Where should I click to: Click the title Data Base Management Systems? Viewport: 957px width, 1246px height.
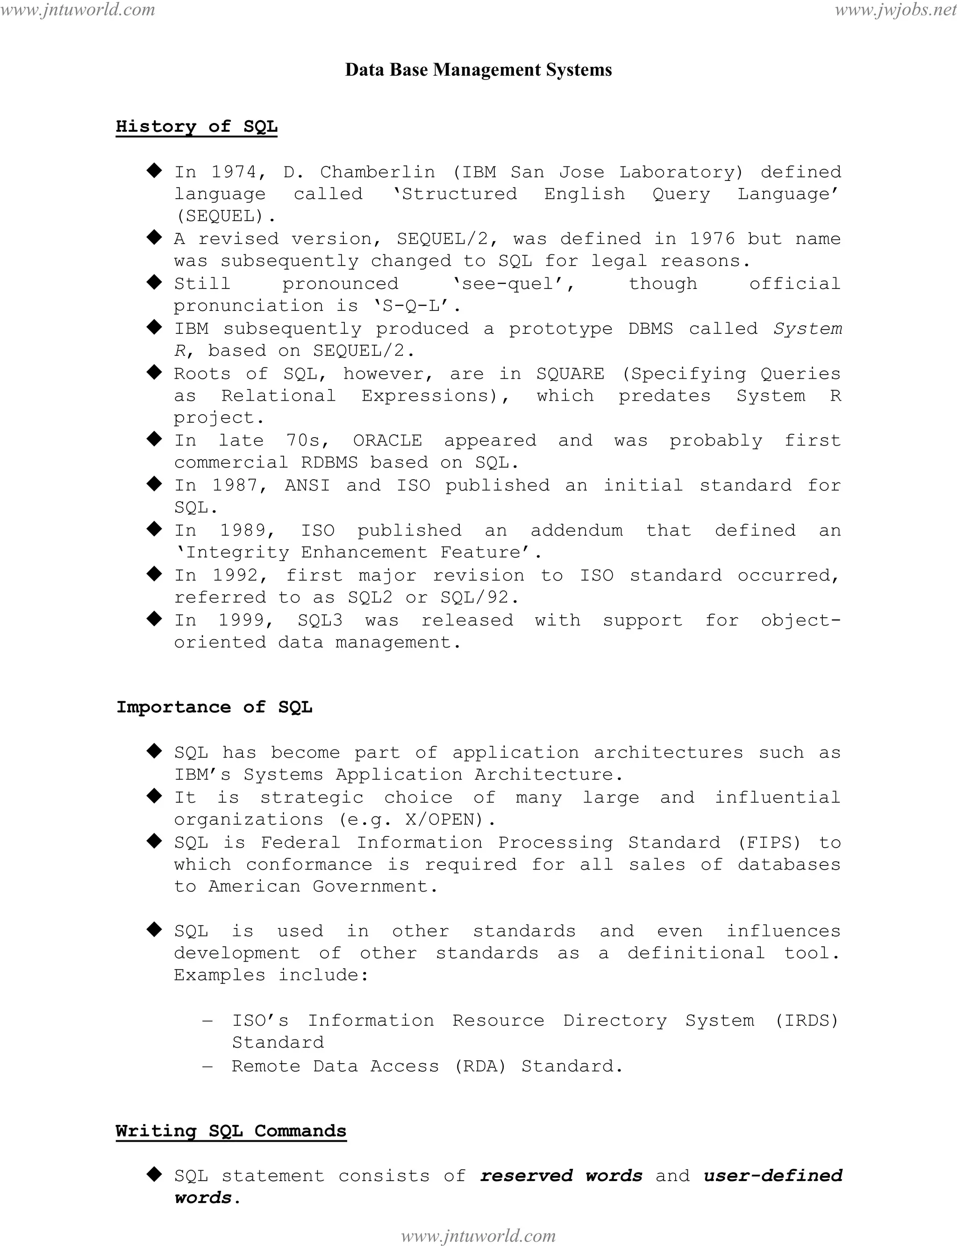(x=478, y=70)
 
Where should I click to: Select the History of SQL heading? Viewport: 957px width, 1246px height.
(x=197, y=127)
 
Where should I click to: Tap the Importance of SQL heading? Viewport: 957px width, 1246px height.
(x=214, y=707)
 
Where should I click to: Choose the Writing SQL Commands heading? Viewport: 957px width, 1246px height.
(x=231, y=1131)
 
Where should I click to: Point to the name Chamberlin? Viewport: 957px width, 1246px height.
(x=377, y=172)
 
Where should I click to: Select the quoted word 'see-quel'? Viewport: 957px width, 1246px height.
(x=513, y=284)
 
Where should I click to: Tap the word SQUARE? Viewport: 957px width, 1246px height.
(x=570, y=374)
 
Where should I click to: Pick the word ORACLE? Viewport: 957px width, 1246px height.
(x=387, y=440)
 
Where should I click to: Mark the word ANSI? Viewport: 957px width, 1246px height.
(x=307, y=486)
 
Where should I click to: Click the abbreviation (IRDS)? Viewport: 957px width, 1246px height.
(x=807, y=1020)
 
